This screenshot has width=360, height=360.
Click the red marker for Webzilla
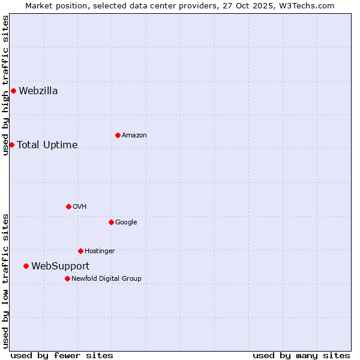(13, 91)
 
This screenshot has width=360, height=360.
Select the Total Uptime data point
(11, 145)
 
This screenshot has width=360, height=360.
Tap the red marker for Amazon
(118, 135)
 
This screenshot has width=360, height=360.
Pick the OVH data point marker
(68, 206)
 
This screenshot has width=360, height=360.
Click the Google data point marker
(111, 222)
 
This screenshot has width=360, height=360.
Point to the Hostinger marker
(80, 251)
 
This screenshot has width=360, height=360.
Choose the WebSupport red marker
(26, 266)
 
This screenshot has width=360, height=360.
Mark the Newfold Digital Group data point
(67, 278)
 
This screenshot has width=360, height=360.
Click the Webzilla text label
(38, 91)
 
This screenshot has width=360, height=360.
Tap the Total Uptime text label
(47, 145)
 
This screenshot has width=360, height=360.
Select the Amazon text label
(134, 135)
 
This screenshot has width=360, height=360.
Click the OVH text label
(80, 206)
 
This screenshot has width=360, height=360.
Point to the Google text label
(126, 222)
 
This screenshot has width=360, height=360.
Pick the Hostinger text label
(100, 251)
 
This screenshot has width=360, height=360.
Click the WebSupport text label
(61, 266)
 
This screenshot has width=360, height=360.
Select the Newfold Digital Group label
(106, 278)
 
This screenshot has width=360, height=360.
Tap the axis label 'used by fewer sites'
(62, 355)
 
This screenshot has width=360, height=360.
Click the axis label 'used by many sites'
(301, 355)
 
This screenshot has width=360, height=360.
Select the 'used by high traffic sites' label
(5, 85)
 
